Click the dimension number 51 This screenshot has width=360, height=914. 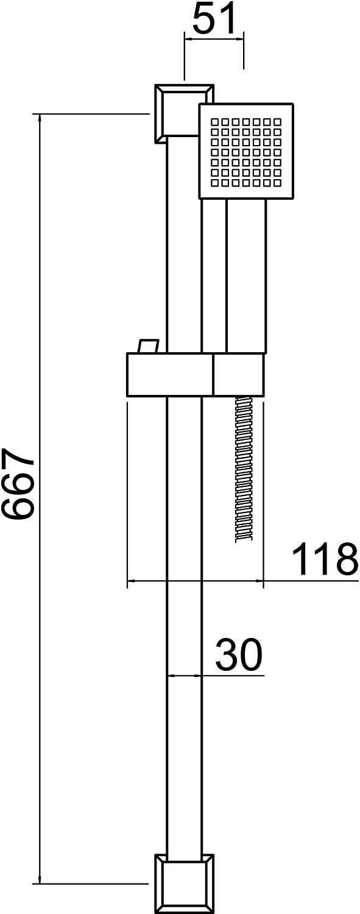(x=214, y=19)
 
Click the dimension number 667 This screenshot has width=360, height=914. (x=18, y=484)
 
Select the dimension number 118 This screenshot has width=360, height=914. (x=325, y=559)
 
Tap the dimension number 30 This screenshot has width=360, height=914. (x=238, y=655)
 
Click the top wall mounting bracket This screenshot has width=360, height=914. (x=183, y=113)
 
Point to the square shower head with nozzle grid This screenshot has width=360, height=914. (x=247, y=151)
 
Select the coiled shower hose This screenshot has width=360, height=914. (x=244, y=469)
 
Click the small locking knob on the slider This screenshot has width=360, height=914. (x=149, y=346)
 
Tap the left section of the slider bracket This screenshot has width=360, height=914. (x=169, y=375)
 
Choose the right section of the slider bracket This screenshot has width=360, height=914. (x=239, y=375)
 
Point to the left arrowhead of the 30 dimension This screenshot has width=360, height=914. (x=170, y=675)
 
